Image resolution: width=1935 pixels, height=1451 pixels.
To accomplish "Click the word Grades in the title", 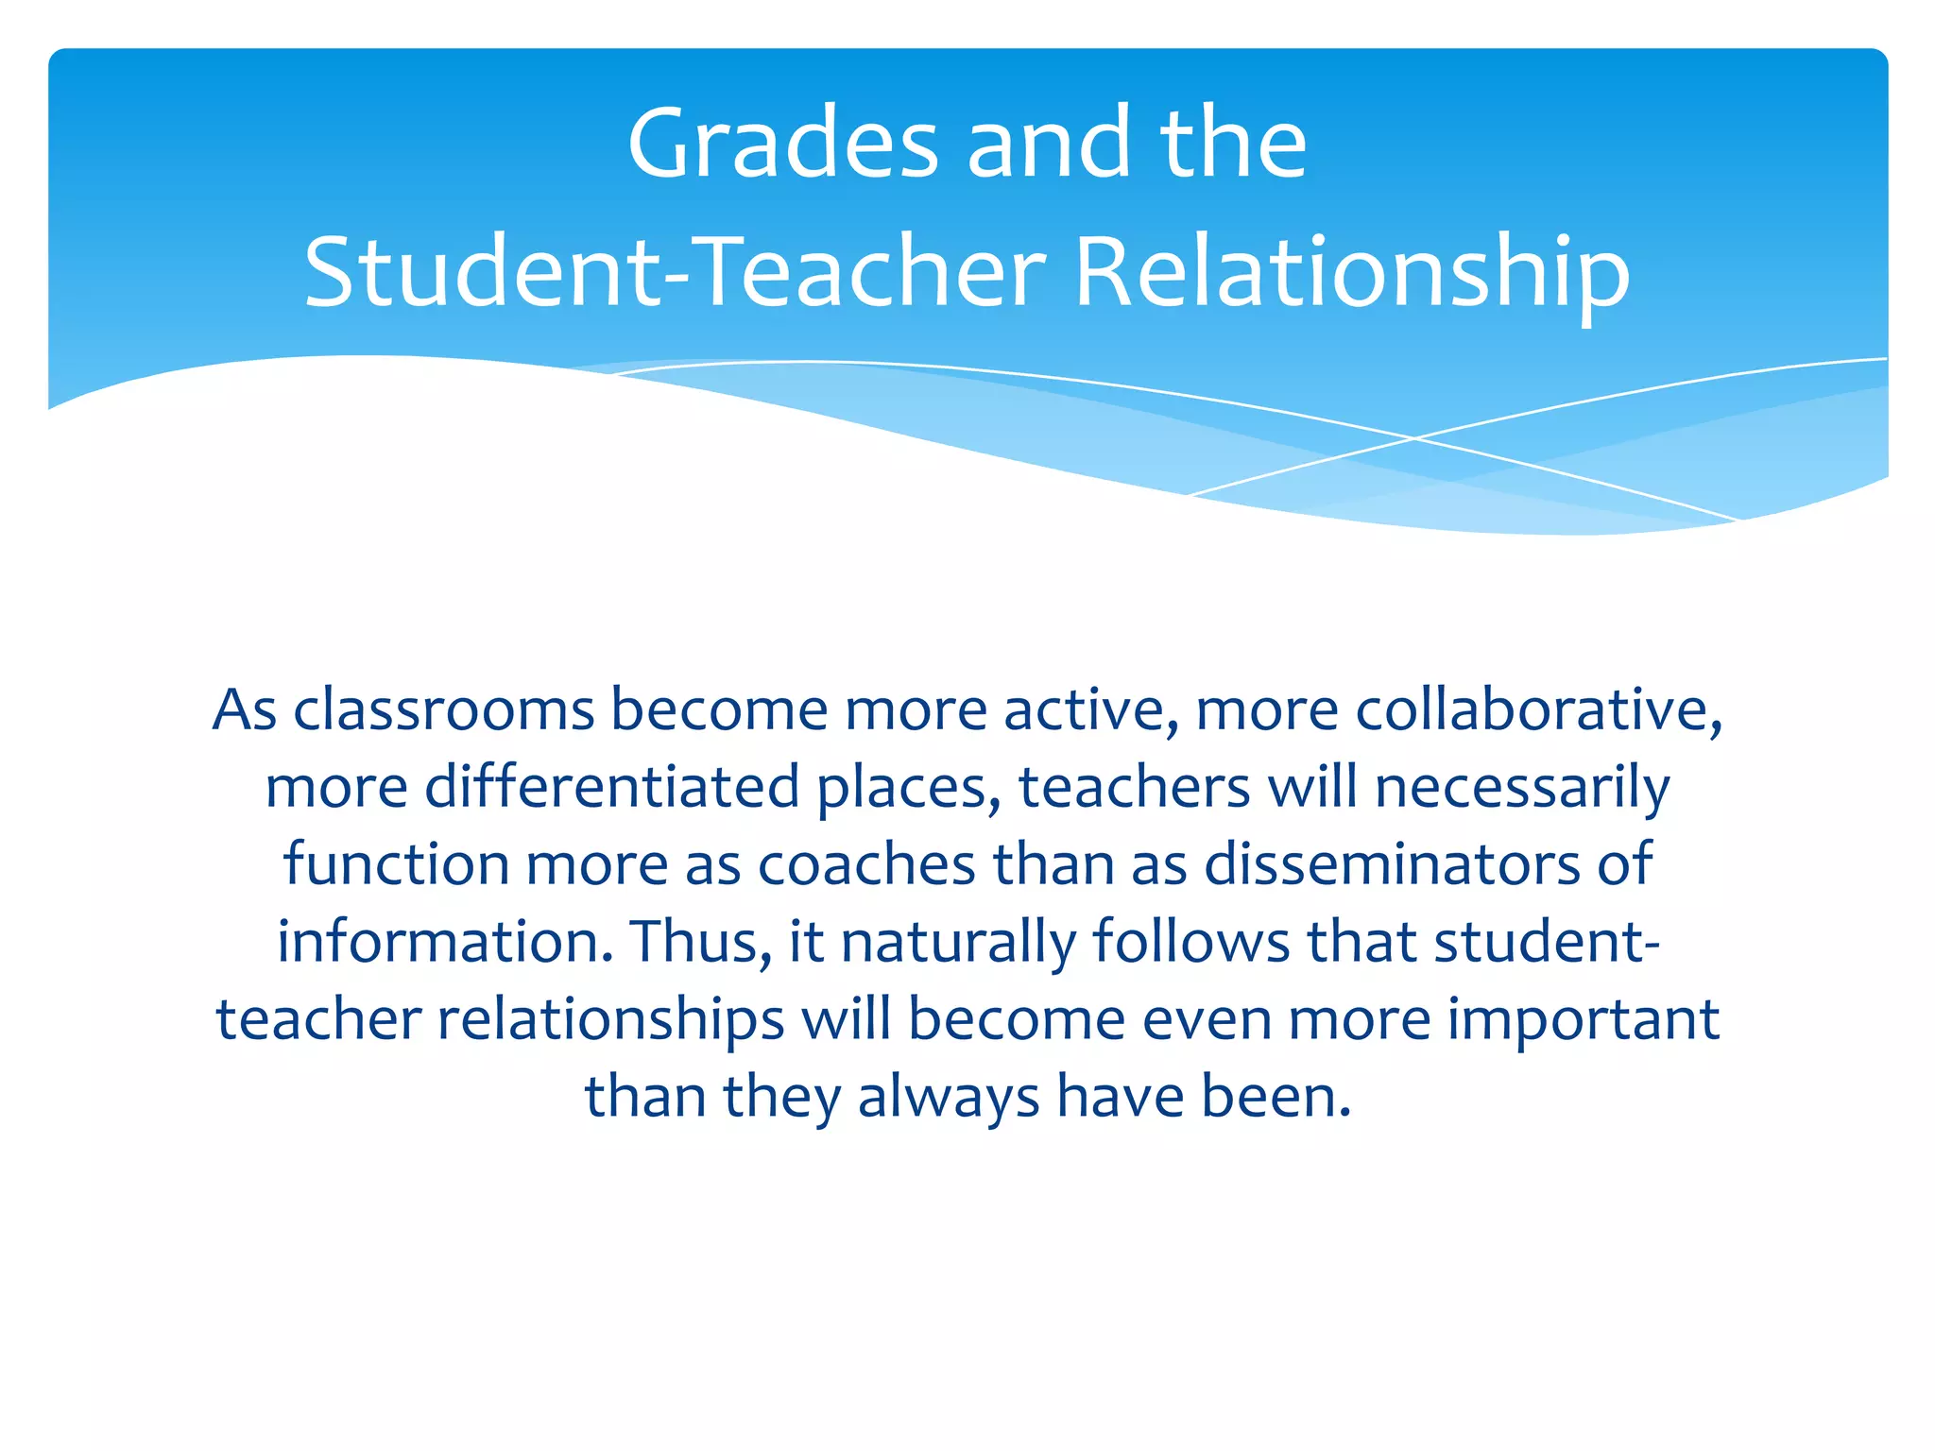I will point(782,144).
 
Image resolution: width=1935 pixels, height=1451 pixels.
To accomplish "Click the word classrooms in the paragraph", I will point(444,709).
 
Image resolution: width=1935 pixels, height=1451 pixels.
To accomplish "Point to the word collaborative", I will point(1539,709).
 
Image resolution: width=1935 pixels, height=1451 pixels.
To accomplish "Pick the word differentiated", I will point(612,787).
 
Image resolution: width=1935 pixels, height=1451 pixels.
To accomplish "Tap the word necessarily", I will point(1522,787).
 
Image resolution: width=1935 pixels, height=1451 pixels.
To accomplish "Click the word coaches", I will point(866,864).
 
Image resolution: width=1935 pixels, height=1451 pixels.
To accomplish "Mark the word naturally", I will point(958,942).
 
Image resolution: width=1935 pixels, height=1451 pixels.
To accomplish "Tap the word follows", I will point(1191,942).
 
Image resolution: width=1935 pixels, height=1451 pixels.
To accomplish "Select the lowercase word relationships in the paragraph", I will point(610,1019).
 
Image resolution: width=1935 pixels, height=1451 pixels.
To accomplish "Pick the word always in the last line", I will point(948,1097).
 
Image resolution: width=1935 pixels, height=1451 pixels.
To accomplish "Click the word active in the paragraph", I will point(1090,709).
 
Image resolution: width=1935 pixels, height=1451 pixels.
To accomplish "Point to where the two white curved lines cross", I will point(1414,438).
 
